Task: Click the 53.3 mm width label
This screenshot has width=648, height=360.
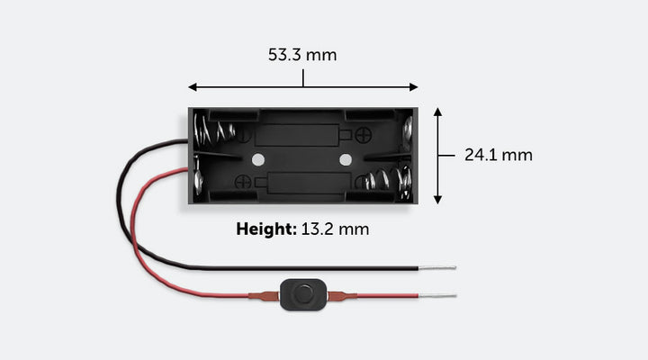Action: pyautogui.click(x=302, y=55)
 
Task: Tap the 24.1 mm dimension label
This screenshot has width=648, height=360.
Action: pyautogui.click(x=498, y=155)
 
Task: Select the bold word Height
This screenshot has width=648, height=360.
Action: pyautogui.click(x=265, y=229)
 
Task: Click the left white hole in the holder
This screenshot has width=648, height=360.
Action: pyautogui.click(x=259, y=159)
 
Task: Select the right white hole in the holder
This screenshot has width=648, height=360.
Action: pyautogui.click(x=345, y=159)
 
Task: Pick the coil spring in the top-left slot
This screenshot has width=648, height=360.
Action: pyautogui.click(x=215, y=131)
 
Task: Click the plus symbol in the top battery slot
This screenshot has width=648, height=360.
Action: pyautogui.click(x=364, y=136)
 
